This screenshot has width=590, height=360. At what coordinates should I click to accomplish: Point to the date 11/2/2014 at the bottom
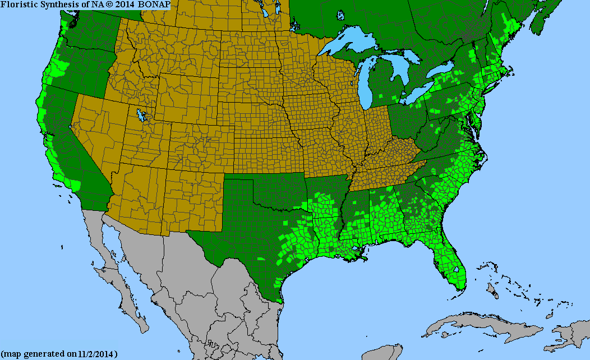[x=98, y=354]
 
